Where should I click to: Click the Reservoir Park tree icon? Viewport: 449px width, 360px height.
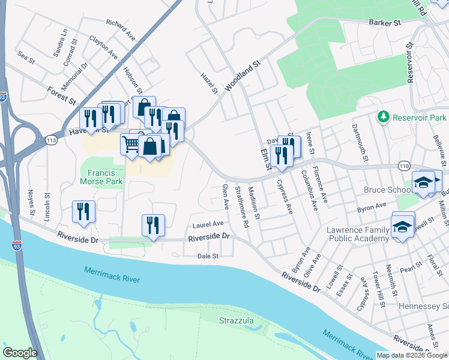click(x=382, y=116)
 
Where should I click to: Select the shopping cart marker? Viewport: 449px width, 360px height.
click(x=131, y=144)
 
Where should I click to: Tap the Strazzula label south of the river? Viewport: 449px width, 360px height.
click(x=236, y=320)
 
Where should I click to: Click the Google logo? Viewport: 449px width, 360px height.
click(x=20, y=353)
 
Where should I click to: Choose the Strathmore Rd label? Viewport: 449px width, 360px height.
click(x=242, y=207)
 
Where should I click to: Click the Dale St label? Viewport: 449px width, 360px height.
click(x=206, y=256)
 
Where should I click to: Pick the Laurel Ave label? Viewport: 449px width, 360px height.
click(x=208, y=225)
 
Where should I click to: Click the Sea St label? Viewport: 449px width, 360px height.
click(x=26, y=58)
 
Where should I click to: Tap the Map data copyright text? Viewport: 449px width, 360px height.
click(x=412, y=355)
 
